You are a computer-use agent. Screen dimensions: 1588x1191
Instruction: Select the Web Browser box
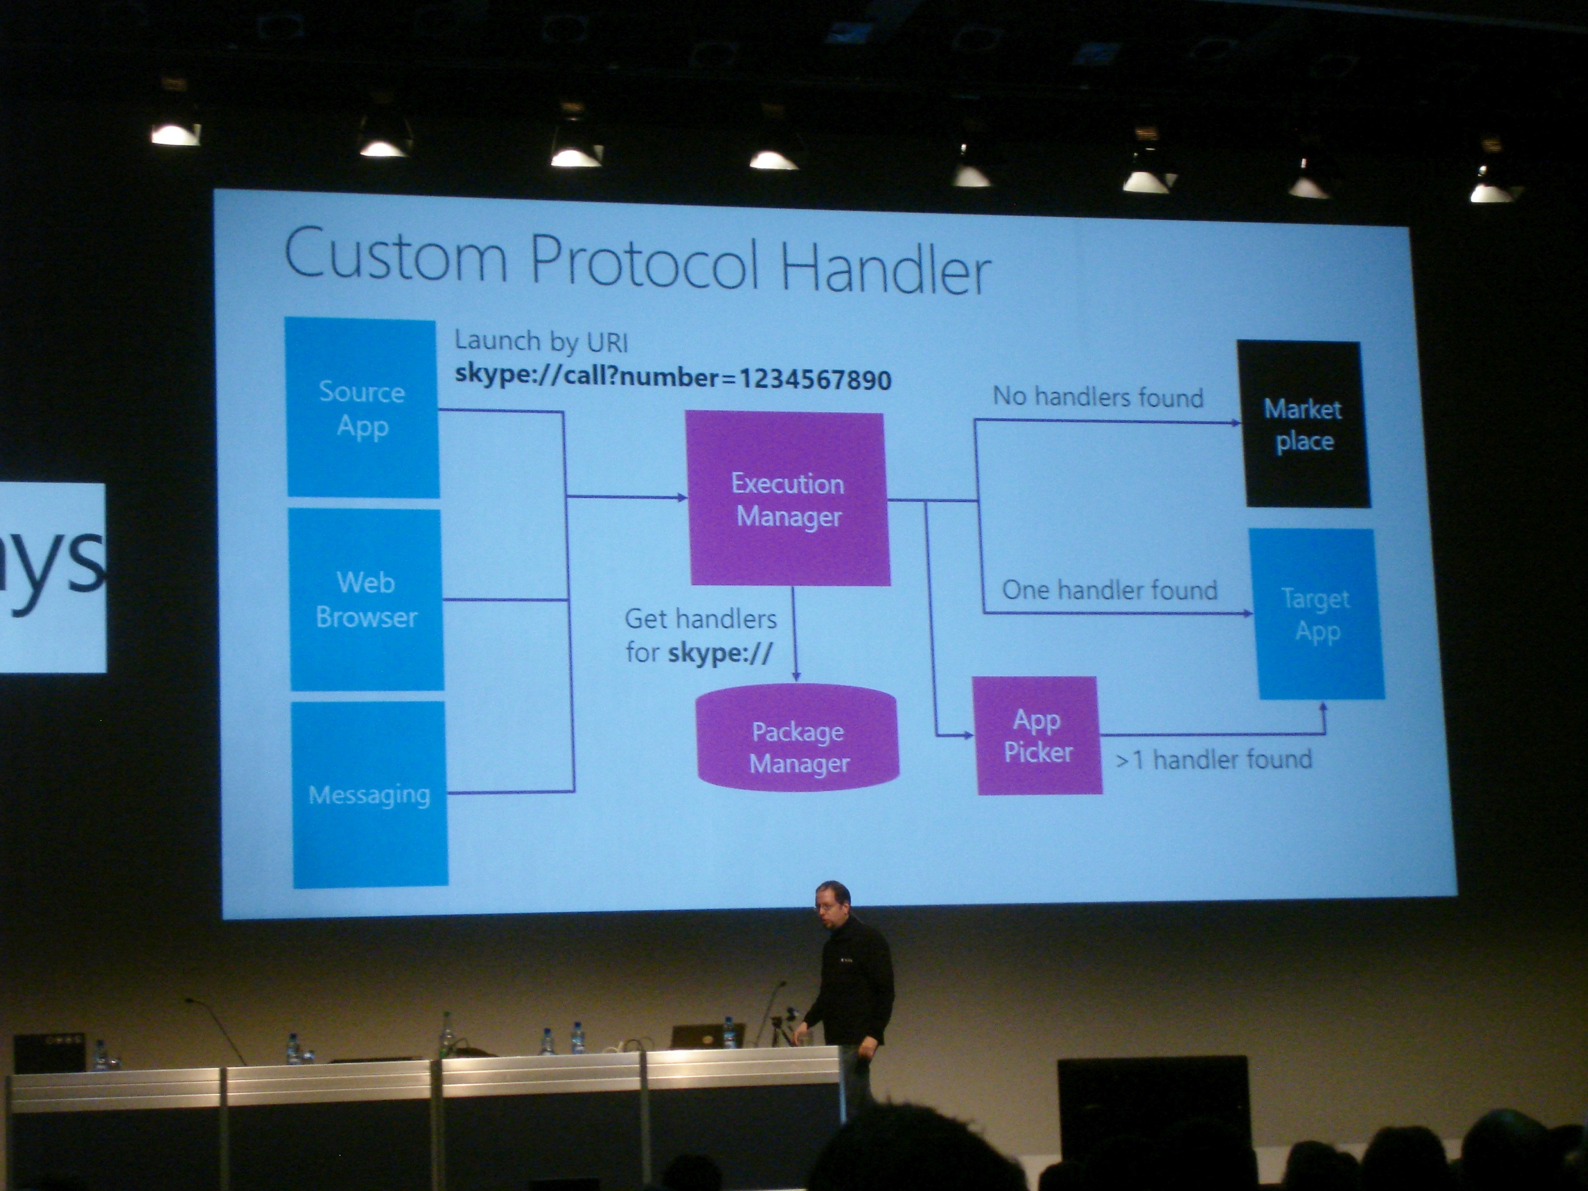[366, 599]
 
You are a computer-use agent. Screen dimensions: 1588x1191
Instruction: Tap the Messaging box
[370, 794]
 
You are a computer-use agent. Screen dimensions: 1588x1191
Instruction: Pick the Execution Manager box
[788, 499]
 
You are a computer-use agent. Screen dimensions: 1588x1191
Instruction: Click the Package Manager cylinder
[798, 738]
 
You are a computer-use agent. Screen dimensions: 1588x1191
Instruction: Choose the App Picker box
[1038, 735]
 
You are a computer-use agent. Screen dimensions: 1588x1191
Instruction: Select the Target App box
[1318, 614]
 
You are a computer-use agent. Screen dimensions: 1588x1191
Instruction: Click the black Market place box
[1304, 424]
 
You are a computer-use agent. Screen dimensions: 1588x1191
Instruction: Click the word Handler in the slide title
[886, 269]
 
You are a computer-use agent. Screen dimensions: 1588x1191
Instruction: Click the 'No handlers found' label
[1098, 396]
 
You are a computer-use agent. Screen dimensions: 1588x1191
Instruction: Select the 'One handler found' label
[1110, 590]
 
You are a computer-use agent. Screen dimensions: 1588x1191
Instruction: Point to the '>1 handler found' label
[1214, 759]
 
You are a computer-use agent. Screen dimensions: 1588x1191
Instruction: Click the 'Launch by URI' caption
[542, 342]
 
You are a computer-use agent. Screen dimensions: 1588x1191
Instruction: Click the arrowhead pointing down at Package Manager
[795, 676]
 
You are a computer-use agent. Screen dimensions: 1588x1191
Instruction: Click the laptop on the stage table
[707, 1035]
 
